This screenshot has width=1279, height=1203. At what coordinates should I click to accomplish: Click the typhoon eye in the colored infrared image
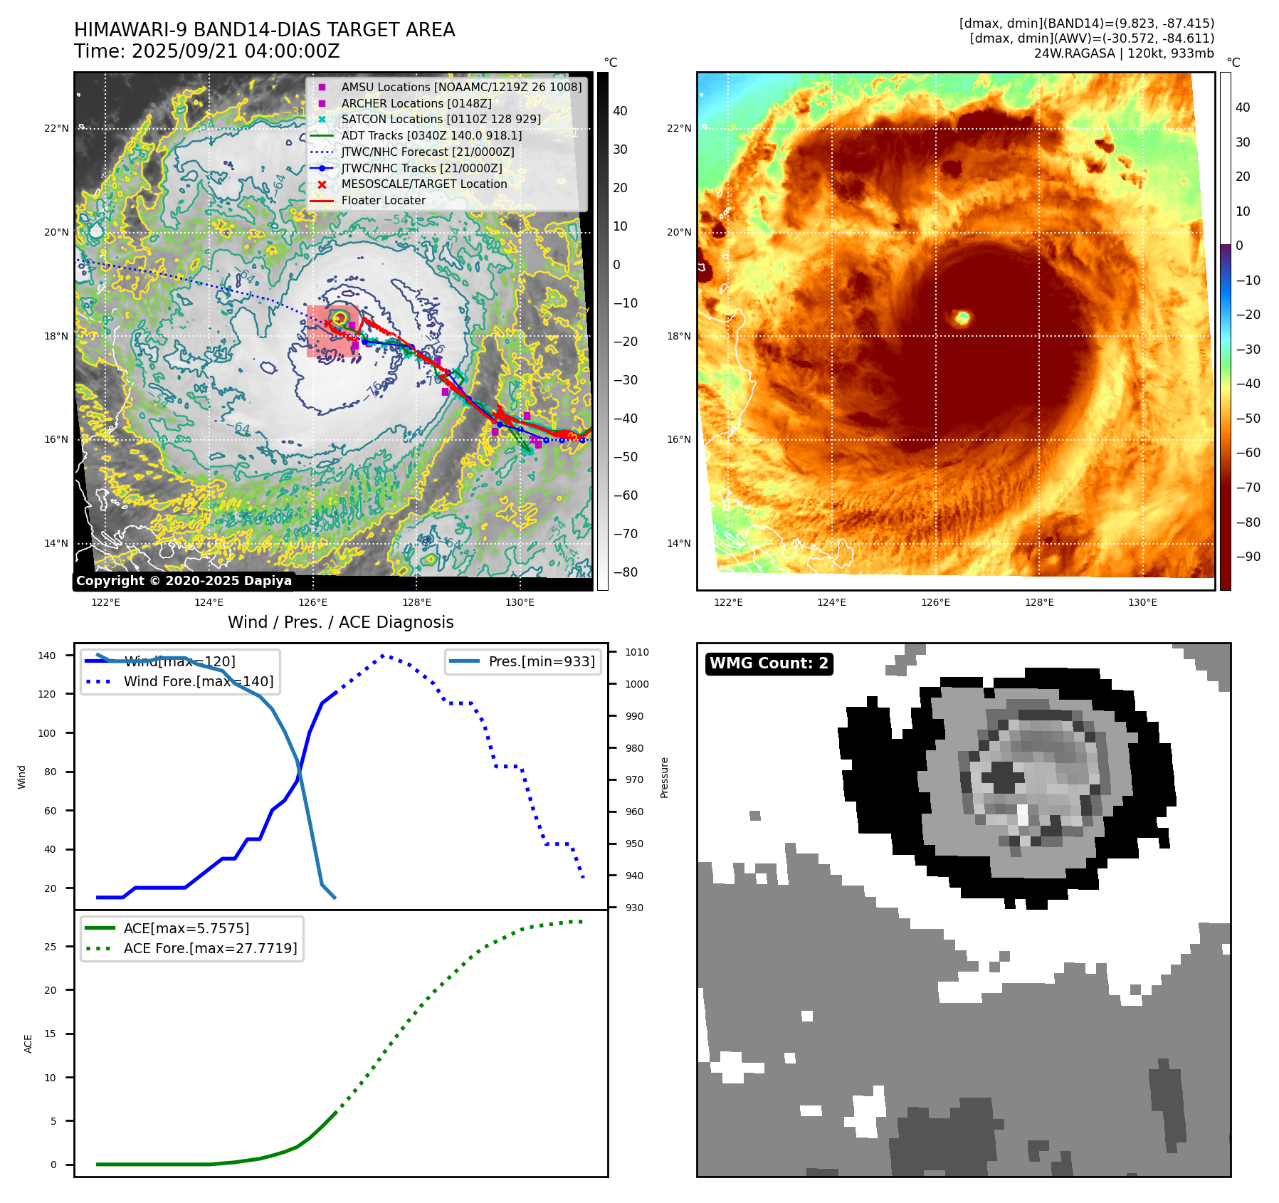click(962, 317)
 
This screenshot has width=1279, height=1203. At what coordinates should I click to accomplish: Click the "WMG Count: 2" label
click(769, 663)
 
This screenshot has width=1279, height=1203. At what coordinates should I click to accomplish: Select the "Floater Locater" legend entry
click(383, 201)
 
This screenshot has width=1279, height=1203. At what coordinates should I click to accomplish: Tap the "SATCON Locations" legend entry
click(441, 120)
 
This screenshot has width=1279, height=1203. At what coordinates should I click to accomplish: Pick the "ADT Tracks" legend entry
click(431, 135)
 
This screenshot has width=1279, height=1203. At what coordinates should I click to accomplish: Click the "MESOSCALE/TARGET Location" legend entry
click(423, 184)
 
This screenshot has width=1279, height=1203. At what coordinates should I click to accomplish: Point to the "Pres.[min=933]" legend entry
click(541, 661)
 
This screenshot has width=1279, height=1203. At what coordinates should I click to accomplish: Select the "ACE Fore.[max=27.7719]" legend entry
click(210, 948)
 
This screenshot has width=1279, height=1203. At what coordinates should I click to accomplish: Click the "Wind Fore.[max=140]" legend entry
click(198, 681)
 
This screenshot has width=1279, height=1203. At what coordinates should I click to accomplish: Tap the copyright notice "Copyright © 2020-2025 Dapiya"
click(184, 581)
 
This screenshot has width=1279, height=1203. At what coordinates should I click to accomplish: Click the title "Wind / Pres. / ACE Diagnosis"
click(340, 622)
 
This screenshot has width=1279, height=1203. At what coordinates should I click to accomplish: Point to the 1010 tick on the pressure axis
click(637, 652)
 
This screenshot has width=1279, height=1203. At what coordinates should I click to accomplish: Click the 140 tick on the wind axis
click(47, 656)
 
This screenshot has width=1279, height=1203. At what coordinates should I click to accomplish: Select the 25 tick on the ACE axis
click(51, 947)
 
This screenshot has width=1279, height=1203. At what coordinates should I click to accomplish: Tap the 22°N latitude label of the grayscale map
click(56, 129)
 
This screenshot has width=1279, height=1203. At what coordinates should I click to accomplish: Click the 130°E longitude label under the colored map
click(1142, 602)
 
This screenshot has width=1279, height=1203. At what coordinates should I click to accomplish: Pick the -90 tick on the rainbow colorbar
click(1248, 557)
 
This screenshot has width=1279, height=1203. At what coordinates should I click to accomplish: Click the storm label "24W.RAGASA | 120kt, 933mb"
click(1124, 53)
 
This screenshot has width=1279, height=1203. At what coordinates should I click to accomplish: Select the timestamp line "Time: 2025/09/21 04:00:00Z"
click(206, 51)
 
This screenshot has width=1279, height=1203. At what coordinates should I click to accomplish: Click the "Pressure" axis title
click(664, 777)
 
